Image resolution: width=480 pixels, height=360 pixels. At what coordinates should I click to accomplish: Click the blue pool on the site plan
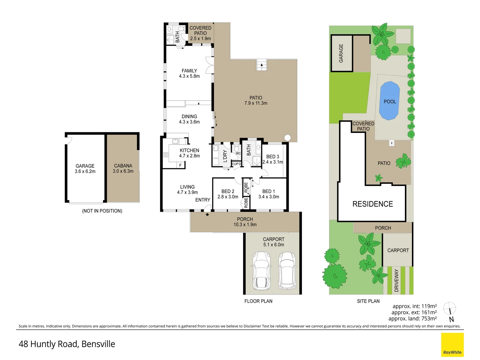[x=390, y=101]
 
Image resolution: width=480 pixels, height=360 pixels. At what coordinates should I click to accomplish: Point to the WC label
[x=238, y=153]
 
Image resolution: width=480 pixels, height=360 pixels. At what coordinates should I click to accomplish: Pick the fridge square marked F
[x=181, y=165]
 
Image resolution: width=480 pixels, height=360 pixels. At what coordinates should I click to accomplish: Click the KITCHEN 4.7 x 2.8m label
[x=189, y=153]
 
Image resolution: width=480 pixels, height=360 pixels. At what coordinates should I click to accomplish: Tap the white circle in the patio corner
[x=287, y=138]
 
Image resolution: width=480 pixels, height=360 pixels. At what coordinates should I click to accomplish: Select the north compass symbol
[x=450, y=311]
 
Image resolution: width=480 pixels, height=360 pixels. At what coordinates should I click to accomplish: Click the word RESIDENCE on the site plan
[x=373, y=204]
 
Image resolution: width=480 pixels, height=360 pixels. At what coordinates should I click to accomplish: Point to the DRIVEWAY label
[x=396, y=280]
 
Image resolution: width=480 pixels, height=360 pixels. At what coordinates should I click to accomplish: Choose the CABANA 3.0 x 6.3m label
[x=123, y=168]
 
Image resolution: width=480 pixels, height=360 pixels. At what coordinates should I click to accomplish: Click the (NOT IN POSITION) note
[x=102, y=211]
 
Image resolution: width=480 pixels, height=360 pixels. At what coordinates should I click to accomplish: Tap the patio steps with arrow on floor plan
[x=262, y=65]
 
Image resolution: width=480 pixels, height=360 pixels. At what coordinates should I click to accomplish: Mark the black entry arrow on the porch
[x=207, y=215]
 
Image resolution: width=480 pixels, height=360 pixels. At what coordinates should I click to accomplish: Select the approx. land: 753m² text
[x=412, y=318]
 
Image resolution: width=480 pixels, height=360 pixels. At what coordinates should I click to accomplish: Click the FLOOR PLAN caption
[x=258, y=301]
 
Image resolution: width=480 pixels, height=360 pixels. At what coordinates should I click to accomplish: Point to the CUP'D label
[x=236, y=164]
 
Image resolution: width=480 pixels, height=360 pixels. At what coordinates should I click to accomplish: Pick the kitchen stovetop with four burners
[x=166, y=155]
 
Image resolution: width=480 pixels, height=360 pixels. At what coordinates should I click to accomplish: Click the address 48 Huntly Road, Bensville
[x=67, y=344]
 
